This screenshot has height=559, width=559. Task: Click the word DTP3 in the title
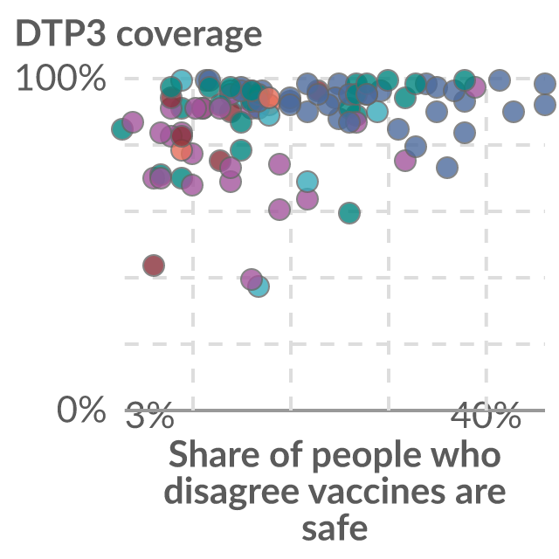coord(60,33)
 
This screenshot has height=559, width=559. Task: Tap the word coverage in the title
coord(190,36)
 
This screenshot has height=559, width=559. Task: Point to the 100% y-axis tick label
coord(61,78)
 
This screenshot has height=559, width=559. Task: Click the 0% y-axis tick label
coord(81,410)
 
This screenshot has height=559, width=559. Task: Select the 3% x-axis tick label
coord(149,415)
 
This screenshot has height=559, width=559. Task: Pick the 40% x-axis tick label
coord(486,415)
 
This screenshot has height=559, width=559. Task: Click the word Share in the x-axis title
coord(214,454)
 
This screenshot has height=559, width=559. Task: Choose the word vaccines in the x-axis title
coord(377,490)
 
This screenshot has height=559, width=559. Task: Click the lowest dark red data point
coord(154,266)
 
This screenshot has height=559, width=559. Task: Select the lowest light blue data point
coord(259,286)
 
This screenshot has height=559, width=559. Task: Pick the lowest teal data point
coord(349,213)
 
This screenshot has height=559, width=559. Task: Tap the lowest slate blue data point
coord(447,167)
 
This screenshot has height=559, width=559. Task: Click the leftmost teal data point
coord(122,128)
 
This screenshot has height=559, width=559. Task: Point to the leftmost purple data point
coord(133,122)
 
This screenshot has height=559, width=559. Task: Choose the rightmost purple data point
coord(475,87)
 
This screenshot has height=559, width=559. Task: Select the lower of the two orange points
coord(182,150)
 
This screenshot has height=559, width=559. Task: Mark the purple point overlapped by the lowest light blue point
coord(251,279)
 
